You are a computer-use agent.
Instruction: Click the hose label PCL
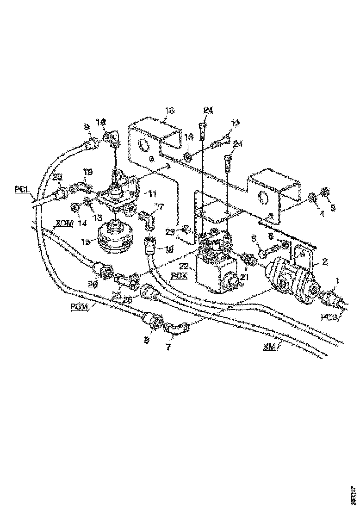[21, 189]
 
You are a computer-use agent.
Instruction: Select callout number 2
[325, 261]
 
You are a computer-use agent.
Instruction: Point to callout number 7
[169, 346]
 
